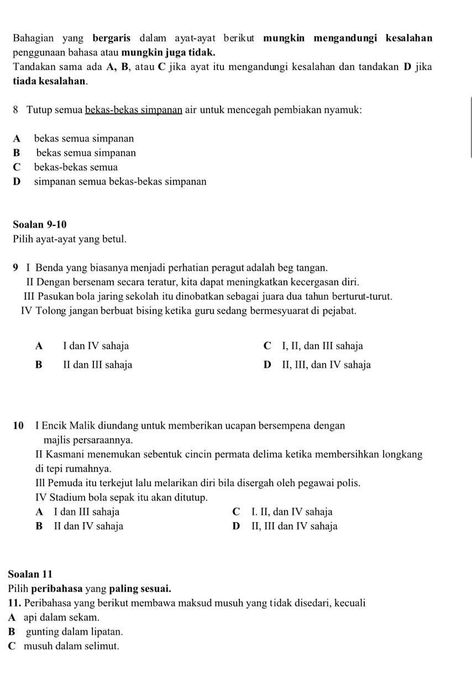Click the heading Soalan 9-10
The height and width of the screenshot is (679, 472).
click(39, 225)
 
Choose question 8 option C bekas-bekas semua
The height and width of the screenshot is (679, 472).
click(76, 167)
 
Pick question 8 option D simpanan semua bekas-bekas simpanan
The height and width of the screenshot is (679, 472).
click(120, 181)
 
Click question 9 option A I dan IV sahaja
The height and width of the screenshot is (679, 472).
click(96, 346)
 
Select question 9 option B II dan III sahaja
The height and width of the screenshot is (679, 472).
click(97, 365)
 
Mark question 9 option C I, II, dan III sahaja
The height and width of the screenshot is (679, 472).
click(322, 346)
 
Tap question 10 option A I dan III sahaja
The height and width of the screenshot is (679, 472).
click(86, 512)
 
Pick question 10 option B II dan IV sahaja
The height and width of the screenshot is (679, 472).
click(88, 527)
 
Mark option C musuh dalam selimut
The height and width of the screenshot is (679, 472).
click(71, 646)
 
